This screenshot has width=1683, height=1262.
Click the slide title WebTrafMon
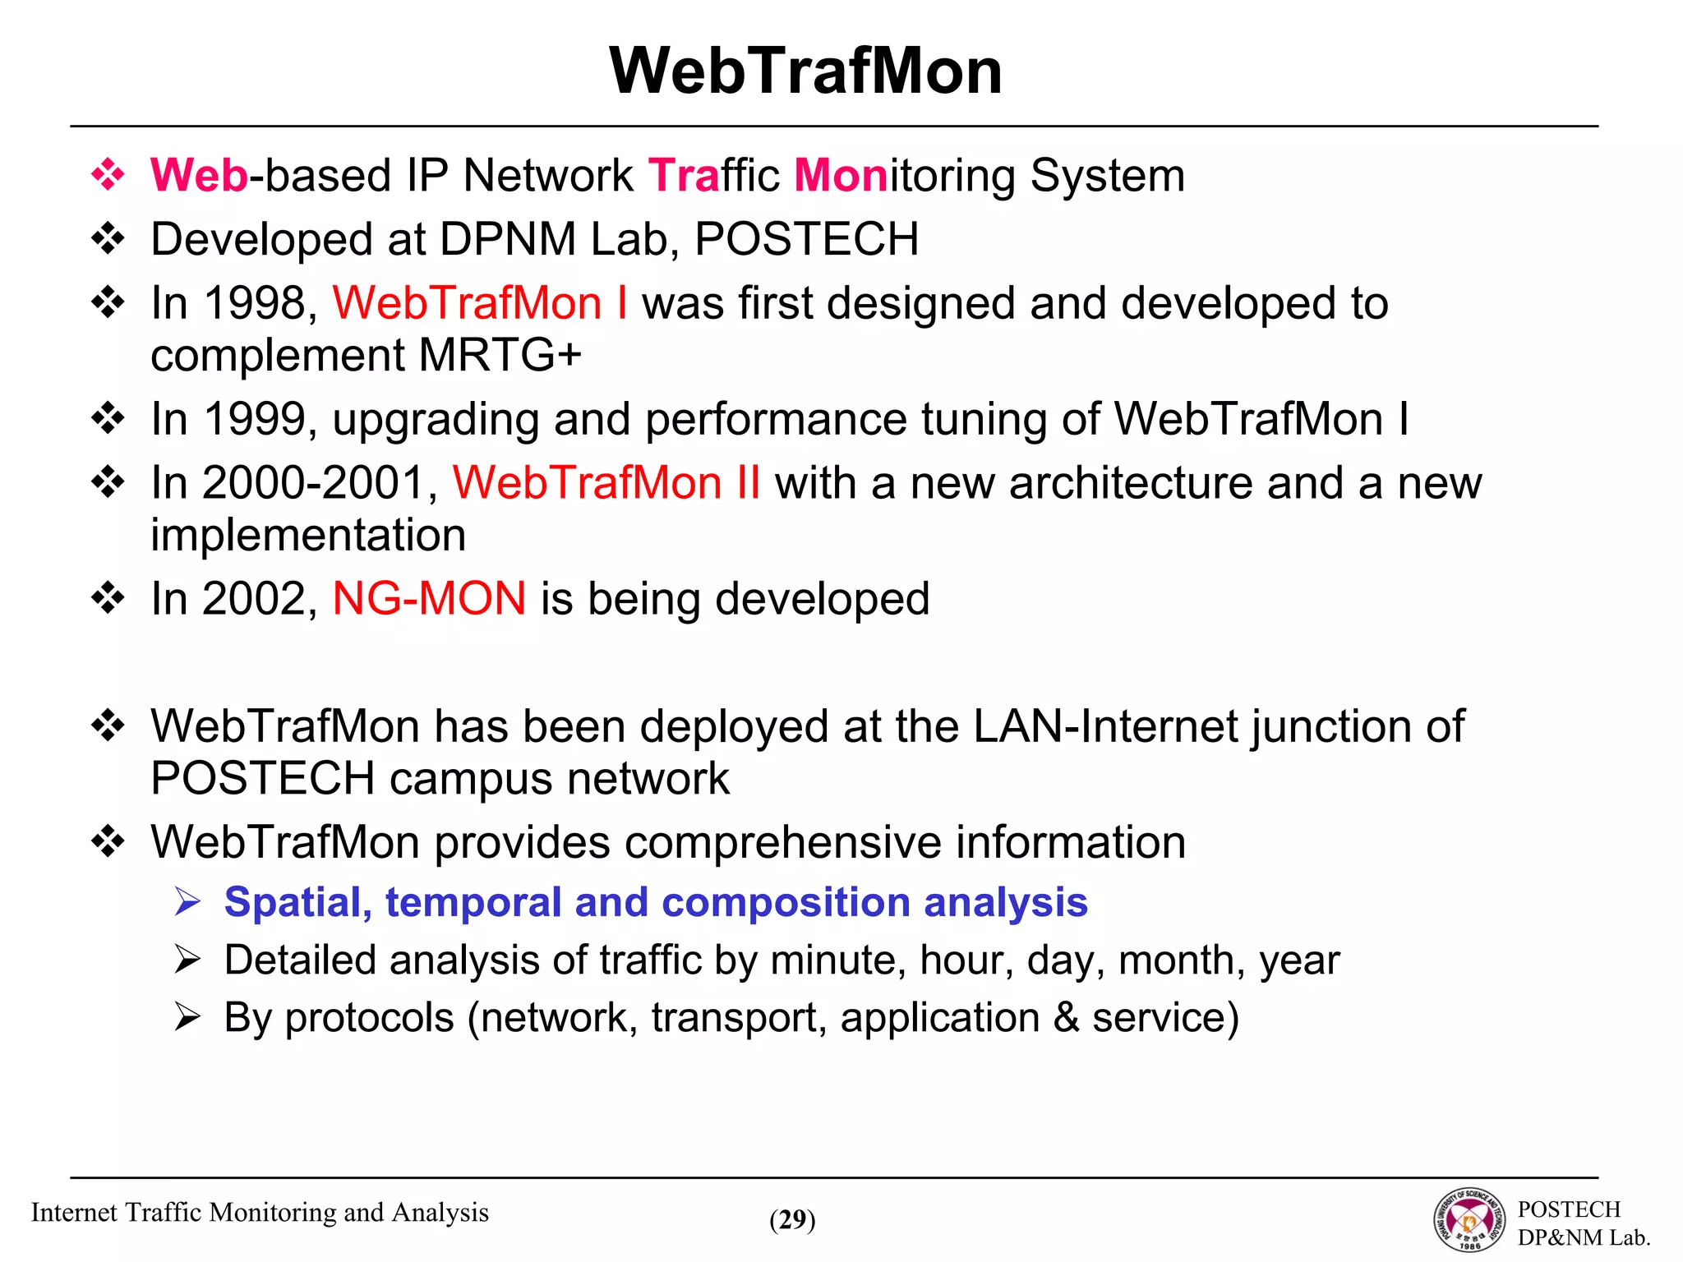click(x=805, y=71)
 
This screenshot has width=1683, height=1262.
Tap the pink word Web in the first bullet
click(x=199, y=176)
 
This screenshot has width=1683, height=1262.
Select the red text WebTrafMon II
click(x=606, y=482)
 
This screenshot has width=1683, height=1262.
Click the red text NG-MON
click(x=429, y=598)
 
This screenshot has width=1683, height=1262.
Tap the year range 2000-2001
click(x=312, y=482)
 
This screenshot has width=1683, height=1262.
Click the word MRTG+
click(x=500, y=355)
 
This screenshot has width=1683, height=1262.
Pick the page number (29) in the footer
click(x=792, y=1219)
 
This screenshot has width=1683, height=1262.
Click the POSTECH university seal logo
click(x=1470, y=1220)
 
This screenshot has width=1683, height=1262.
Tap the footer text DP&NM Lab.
click(x=1583, y=1237)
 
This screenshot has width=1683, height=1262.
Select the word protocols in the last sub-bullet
click(x=369, y=1018)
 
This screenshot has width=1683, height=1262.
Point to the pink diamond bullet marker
click(x=108, y=175)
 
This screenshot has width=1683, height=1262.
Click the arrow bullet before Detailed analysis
click(x=187, y=960)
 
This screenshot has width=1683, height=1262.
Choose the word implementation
click(x=308, y=535)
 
